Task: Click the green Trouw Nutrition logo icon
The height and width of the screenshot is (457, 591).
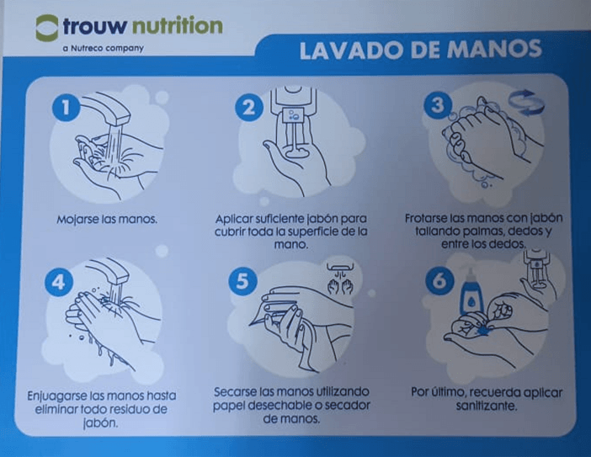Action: pos(47,28)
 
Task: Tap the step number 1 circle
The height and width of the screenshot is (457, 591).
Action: pos(66,107)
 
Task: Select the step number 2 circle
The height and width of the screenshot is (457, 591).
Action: pos(248,107)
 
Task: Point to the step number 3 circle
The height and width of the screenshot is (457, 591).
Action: pos(438,104)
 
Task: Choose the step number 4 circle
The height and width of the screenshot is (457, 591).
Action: pos(58,282)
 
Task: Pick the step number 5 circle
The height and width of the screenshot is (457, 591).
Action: pos(242,281)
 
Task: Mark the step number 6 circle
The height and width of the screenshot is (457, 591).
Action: pos(439,281)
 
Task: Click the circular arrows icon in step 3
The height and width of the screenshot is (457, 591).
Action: pos(526,102)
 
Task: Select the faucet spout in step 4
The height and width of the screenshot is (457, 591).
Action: pos(109,271)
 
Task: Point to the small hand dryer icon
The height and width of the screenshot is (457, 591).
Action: pos(341,279)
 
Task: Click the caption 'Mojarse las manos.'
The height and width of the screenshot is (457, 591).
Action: pos(107,220)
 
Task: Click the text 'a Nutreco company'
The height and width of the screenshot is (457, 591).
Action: pos(104,49)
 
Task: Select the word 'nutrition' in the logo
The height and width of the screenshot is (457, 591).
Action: pos(178,26)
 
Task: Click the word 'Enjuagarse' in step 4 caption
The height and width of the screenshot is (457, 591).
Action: pos(57,396)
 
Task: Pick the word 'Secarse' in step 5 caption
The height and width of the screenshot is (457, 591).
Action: pos(235,392)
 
